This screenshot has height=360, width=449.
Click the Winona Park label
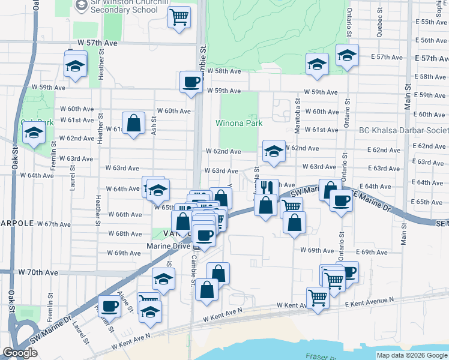pos(239,123)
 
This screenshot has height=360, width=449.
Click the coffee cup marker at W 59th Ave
pos(191,82)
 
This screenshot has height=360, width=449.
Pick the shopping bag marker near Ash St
pos(133,124)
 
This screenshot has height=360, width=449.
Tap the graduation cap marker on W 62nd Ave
pos(273,151)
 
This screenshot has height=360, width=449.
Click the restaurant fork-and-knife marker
pos(268,188)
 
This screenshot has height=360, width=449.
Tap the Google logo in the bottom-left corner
pos(20,353)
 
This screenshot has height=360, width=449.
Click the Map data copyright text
pos(412,355)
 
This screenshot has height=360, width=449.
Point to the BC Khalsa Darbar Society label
pos(403,130)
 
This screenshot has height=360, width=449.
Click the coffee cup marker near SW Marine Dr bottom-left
pos(109,307)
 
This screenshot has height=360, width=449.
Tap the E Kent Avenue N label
pos(369,301)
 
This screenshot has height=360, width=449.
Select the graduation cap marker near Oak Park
pos(34,134)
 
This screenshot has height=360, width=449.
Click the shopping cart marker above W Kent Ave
pos(317,296)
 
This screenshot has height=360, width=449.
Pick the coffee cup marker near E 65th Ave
pos(340,202)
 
